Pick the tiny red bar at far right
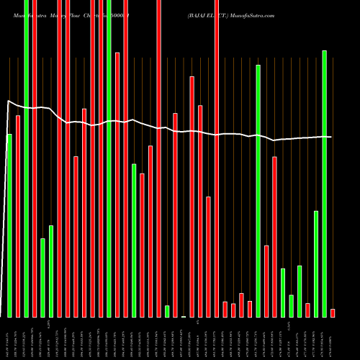(333, 312)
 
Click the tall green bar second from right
(324, 184)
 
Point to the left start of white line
(8, 102)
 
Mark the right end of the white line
(331, 137)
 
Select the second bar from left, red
(18, 216)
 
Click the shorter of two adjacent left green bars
(42, 277)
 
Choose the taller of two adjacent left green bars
(50, 271)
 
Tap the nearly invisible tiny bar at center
(184, 316)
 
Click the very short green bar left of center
(167, 311)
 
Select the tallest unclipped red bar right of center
(192, 196)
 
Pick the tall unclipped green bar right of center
(258, 191)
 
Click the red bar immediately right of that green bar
(266, 281)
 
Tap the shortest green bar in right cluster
(291, 305)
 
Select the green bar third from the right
(316, 264)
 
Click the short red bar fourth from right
(307, 310)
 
